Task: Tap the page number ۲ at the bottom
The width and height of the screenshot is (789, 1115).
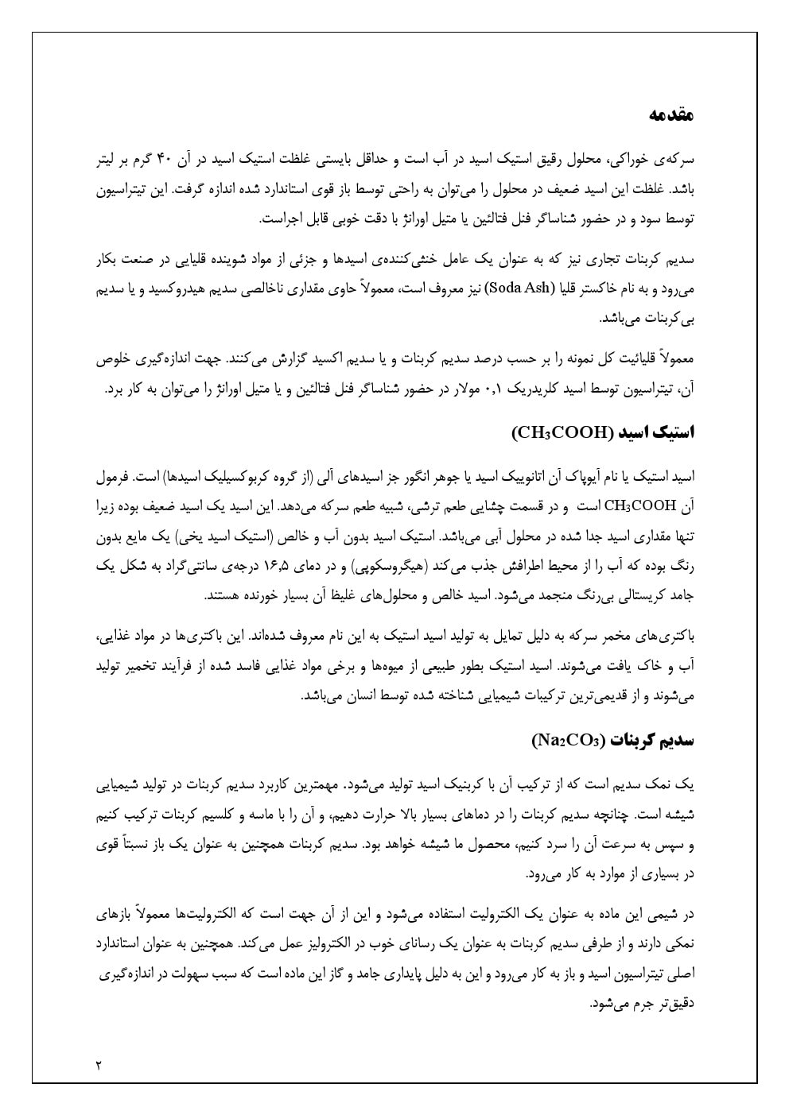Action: pos(98,1064)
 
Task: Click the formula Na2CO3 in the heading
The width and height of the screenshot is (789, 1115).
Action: pos(569,741)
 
